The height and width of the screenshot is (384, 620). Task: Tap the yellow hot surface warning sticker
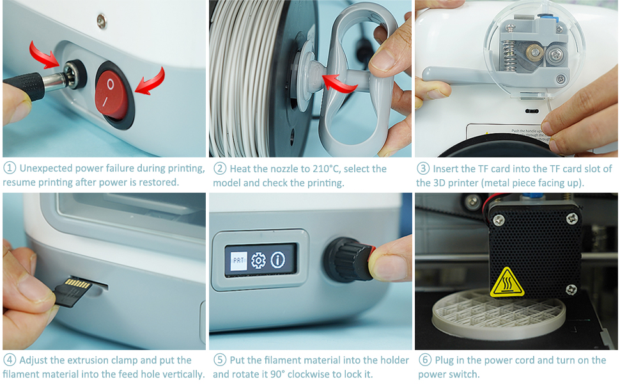point(507,282)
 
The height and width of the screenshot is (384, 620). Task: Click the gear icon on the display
point(258,260)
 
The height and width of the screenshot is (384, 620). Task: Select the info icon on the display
point(278,260)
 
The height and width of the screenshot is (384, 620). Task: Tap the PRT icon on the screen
point(238,260)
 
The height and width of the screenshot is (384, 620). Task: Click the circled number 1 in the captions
point(10,168)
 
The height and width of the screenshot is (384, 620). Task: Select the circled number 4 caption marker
point(10,360)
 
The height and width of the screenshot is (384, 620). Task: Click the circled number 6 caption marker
point(424,360)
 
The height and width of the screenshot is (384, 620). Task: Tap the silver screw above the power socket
point(101,20)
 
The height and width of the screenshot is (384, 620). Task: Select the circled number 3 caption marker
point(423,169)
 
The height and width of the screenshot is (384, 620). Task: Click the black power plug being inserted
point(26,86)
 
